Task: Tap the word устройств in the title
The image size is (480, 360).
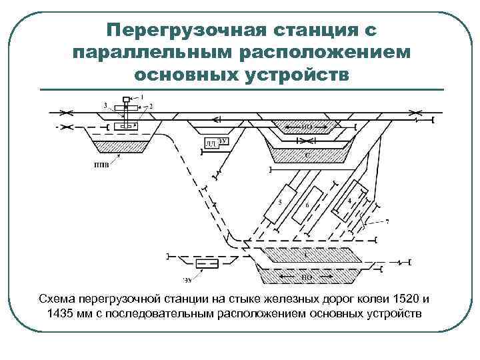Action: click(291, 73)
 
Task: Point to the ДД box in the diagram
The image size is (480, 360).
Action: click(209, 143)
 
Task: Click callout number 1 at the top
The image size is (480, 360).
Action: click(141, 98)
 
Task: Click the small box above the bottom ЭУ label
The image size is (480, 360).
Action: click(207, 265)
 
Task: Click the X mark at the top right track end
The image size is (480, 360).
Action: click(416, 112)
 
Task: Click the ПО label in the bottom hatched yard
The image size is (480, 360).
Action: click(307, 276)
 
